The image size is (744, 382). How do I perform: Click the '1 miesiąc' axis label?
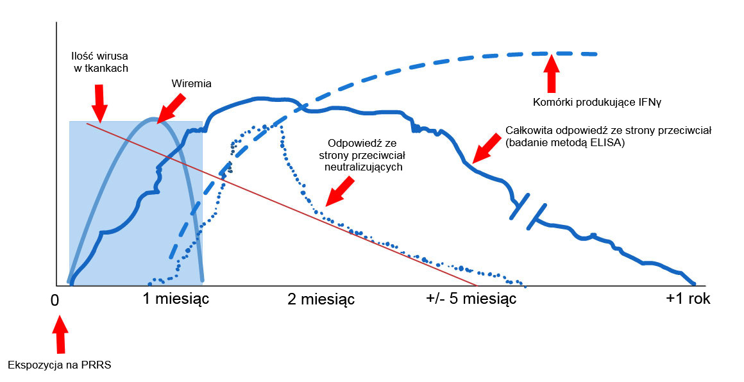[176, 299]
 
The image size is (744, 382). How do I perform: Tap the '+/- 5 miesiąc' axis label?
[471, 299]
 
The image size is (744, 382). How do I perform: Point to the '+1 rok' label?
[688, 299]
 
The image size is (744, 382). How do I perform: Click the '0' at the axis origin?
[55, 300]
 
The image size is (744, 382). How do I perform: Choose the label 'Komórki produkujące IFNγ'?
[580, 101]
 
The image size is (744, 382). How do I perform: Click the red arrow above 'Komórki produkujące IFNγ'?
[550, 73]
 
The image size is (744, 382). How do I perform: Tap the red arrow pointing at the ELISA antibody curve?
[485, 148]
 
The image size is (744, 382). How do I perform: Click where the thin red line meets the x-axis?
[477, 285]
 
